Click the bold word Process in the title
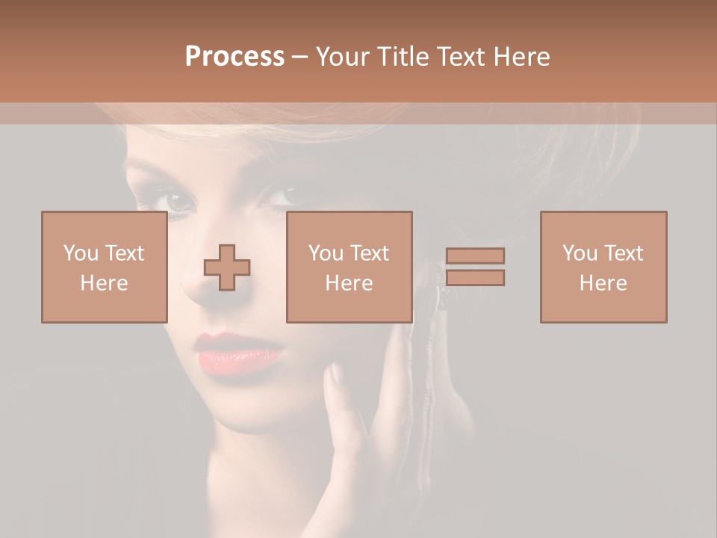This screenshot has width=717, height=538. coord(235,57)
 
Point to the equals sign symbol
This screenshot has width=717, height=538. coord(475,267)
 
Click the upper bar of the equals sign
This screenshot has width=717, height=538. coord(475,256)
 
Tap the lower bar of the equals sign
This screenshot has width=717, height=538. coord(475,278)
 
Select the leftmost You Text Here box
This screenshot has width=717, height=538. coord(104,267)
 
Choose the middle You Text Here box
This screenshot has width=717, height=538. coord(349,267)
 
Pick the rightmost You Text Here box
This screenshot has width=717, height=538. coord(603,267)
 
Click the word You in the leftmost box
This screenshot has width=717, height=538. coord(79,253)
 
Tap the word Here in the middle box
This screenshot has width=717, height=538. coord(349,283)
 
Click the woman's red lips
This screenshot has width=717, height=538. coord(238,352)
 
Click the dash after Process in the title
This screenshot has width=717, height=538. coord(300,57)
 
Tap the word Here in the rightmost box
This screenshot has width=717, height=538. coord(603,283)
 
